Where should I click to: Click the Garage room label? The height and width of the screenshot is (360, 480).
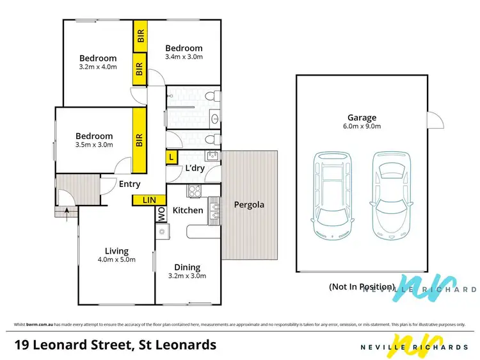362,117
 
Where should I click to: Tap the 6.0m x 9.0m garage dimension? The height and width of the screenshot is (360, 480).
362,126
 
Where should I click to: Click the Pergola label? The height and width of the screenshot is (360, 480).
248,205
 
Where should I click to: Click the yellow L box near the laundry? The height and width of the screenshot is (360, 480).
171,157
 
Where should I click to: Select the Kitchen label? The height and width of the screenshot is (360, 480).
188,210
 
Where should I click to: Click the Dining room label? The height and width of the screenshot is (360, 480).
187,267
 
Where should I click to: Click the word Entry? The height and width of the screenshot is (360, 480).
130,184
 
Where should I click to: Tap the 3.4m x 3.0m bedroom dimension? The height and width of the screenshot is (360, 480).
184,57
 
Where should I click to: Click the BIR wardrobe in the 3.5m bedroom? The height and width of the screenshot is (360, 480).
138,140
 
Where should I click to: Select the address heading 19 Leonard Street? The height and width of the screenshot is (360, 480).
115,345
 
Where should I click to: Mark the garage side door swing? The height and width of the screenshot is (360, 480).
435,120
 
